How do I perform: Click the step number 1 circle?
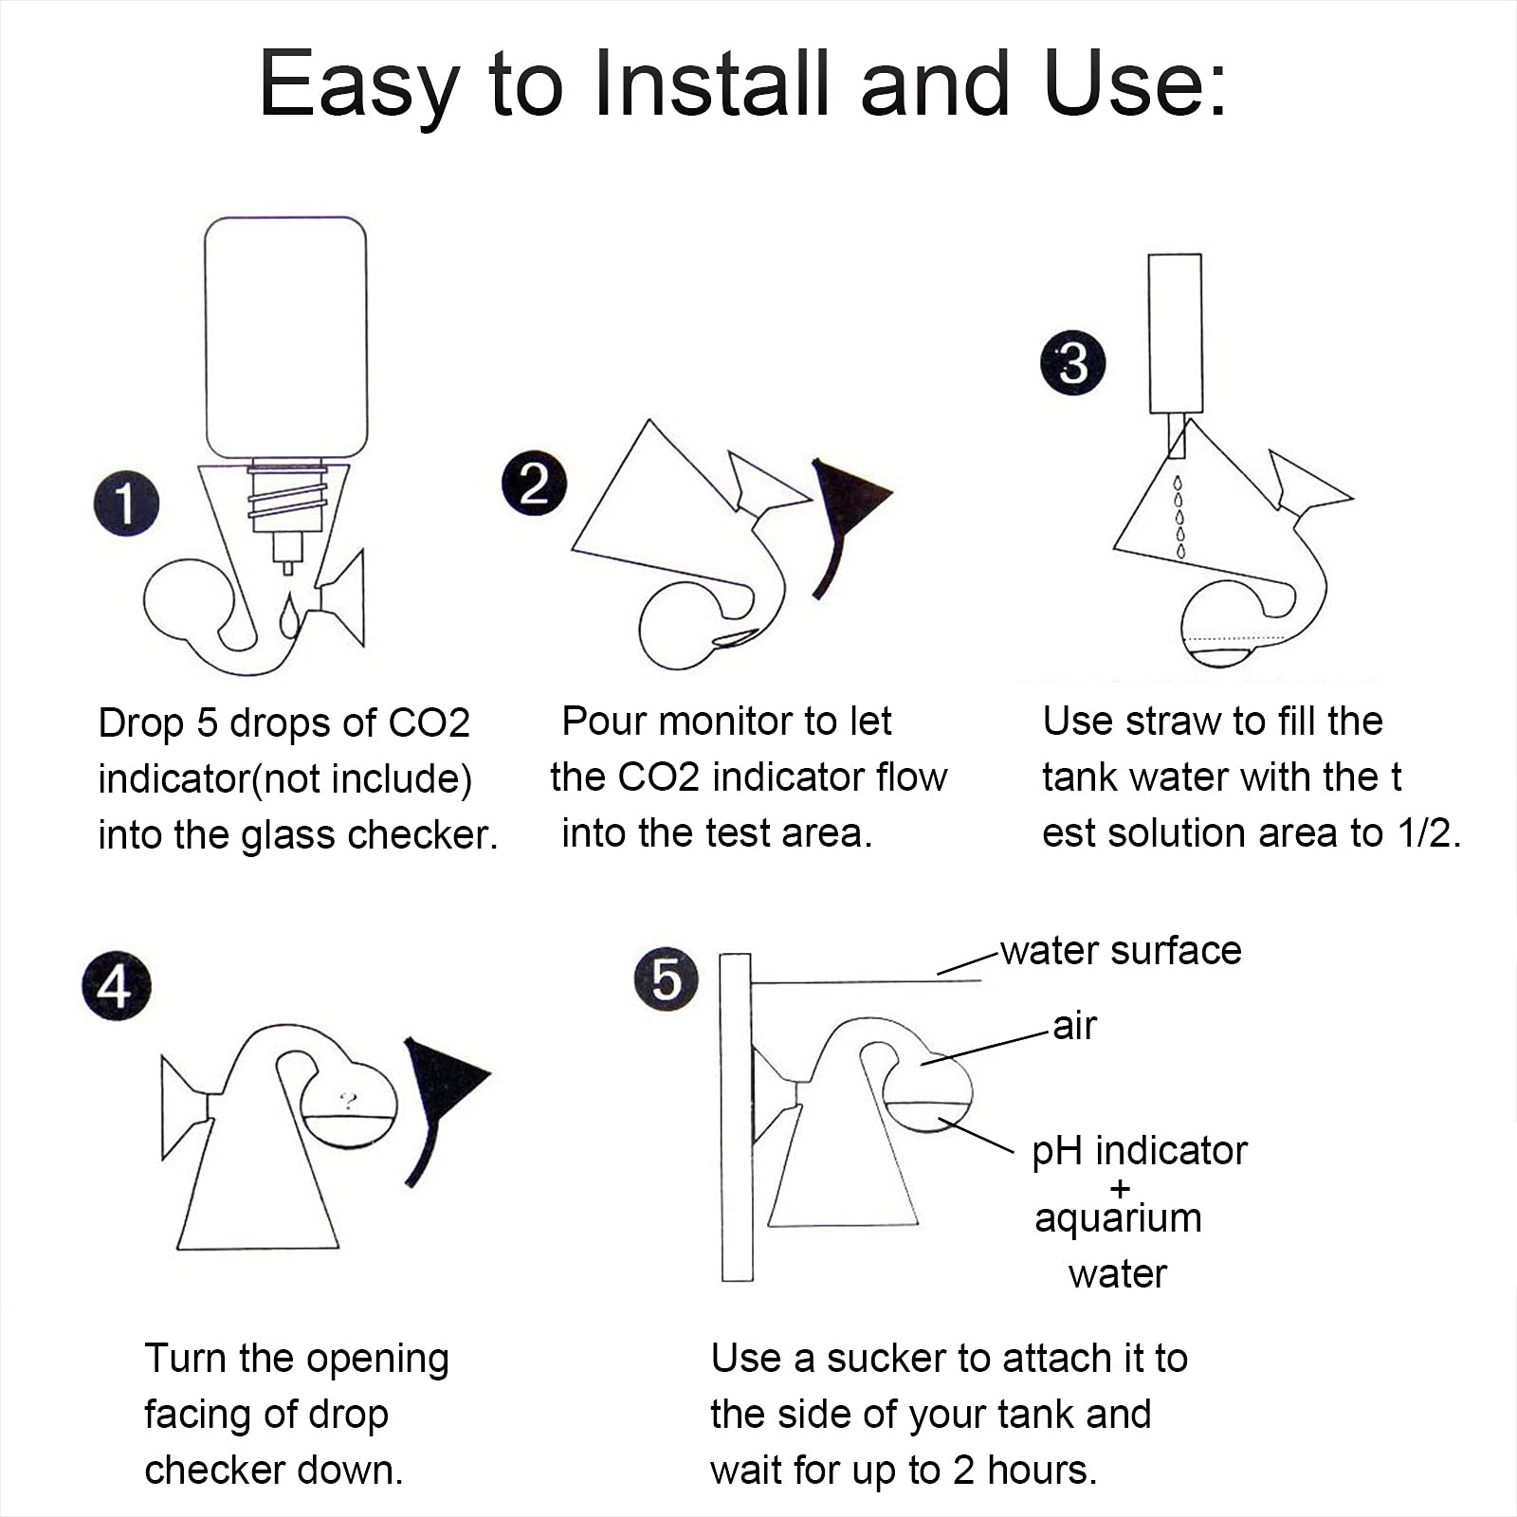click(126, 503)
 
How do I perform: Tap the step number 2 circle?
click(534, 483)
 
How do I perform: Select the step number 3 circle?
click(1072, 363)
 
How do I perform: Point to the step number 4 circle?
click(117, 986)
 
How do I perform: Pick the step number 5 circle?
click(667, 978)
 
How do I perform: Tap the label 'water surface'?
click(1121, 950)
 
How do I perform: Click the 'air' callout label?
click(1074, 1026)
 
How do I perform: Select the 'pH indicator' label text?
click(1140, 1151)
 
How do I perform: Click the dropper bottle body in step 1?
click(285, 338)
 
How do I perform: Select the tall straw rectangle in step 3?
click(1175, 333)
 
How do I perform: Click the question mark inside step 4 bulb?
click(349, 1101)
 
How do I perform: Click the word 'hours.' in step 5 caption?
click(1042, 1471)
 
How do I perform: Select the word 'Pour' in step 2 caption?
click(605, 722)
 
